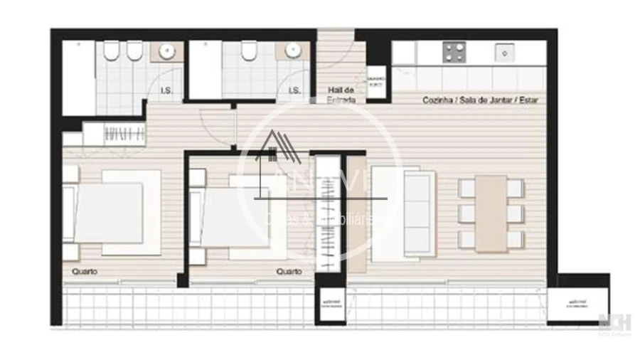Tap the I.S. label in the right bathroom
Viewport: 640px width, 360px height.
pyautogui.click(x=294, y=90)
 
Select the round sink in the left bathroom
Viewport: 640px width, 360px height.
pyautogui.click(x=168, y=51)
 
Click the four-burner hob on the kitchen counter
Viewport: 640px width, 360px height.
pyautogui.click(x=454, y=52)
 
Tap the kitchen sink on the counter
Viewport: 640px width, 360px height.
pyautogui.click(x=504, y=52)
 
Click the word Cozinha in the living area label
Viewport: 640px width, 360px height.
pyautogui.click(x=437, y=100)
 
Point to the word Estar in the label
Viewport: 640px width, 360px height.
pyautogui.click(x=528, y=100)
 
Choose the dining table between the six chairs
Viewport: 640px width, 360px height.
pyautogui.click(x=491, y=213)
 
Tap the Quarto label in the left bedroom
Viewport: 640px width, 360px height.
pyautogui.click(x=84, y=272)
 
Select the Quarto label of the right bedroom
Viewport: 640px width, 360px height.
pyautogui.click(x=289, y=271)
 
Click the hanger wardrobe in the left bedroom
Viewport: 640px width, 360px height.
pyautogui.click(x=124, y=133)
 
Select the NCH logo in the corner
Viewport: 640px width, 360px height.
pyautogui.click(x=612, y=321)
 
